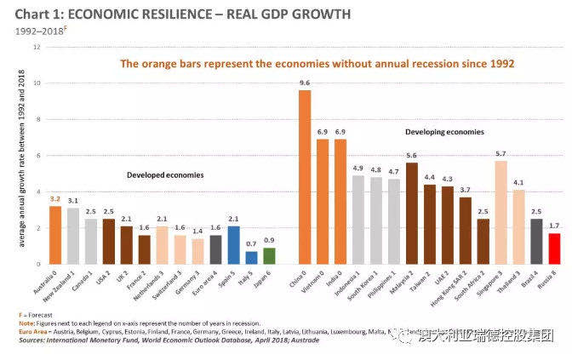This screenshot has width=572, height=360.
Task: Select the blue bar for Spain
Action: pyautogui.click(x=234, y=245)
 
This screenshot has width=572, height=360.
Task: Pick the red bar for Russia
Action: pyautogui.click(x=530, y=249)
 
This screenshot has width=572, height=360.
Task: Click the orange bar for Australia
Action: pyautogui.click(x=54, y=235)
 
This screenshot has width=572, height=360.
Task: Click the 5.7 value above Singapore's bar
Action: pyautogui.click(x=500, y=154)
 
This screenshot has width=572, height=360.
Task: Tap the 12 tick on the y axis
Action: pyautogui.click(x=37, y=47)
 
